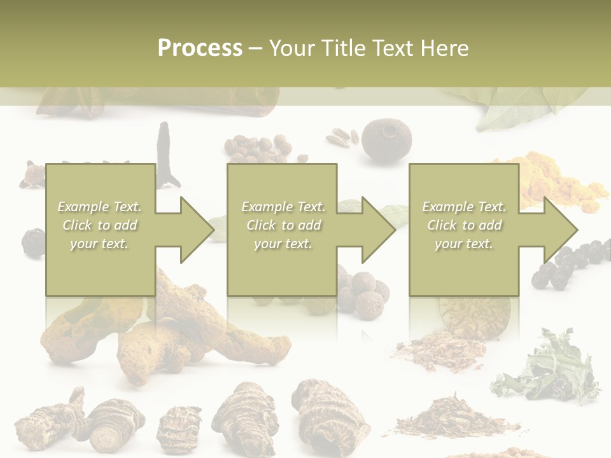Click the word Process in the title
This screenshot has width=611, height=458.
point(200,48)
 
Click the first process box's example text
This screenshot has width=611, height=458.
point(99,225)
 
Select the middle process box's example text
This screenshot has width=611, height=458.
point(283,225)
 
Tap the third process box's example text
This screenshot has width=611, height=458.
point(464,225)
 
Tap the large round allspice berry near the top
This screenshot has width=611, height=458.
point(386,139)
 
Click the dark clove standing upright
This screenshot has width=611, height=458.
point(167,153)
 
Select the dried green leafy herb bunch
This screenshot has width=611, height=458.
point(549,369)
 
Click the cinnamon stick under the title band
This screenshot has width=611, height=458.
point(159,102)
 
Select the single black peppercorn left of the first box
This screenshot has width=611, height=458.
point(33,242)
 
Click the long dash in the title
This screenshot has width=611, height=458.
point(255,48)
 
